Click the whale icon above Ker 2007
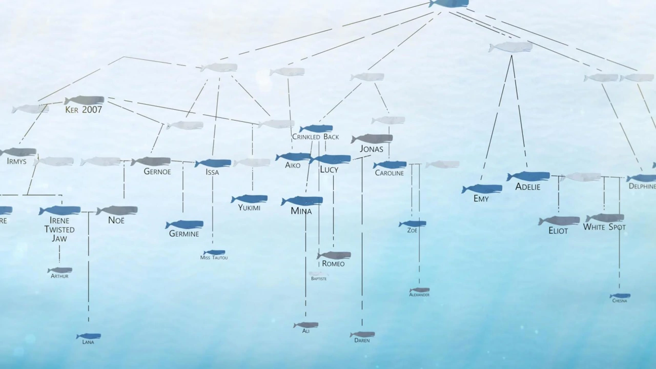[x=84, y=100]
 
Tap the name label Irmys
[x=16, y=161]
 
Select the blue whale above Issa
[x=213, y=163]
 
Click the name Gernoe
[x=157, y=172]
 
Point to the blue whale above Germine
[x=184, y=224]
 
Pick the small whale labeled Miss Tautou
[x=214, y=252]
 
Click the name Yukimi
[x=249, y=208]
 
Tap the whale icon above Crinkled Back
[x=316, y=128]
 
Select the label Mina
[x=301, y=211]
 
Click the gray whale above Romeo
[x=334, y=255]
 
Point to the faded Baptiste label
[x=318, y=279]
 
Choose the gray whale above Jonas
[x=372, y=138]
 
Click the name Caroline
[x=389, y=173]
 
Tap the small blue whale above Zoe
[x=413, y=223]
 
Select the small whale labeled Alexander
[x=419, y=290]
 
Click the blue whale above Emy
[x=482, y=189]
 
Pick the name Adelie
[x=528, y=187]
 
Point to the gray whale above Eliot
[x=559, y=221]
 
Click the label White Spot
[x=604, y=227]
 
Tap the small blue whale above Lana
[x=89, y=336]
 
